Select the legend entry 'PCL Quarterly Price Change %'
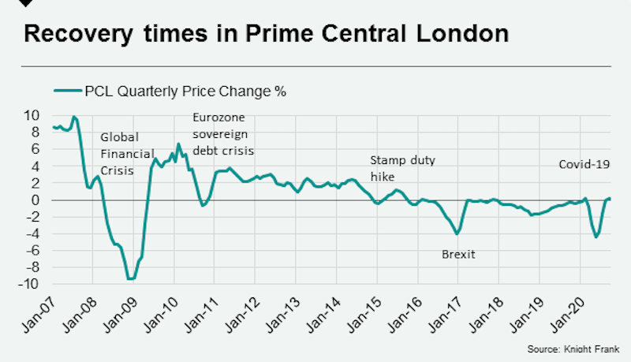click(170, 91)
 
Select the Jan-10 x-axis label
click(160, 312)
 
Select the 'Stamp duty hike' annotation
click(402, 169)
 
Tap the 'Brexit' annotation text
click(458, 254)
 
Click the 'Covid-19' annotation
click(584, 165)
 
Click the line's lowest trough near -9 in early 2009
click(131, 278)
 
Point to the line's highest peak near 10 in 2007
click(74, 117)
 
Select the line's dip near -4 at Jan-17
click(457, 233)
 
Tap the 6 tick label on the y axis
click(35, 149)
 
